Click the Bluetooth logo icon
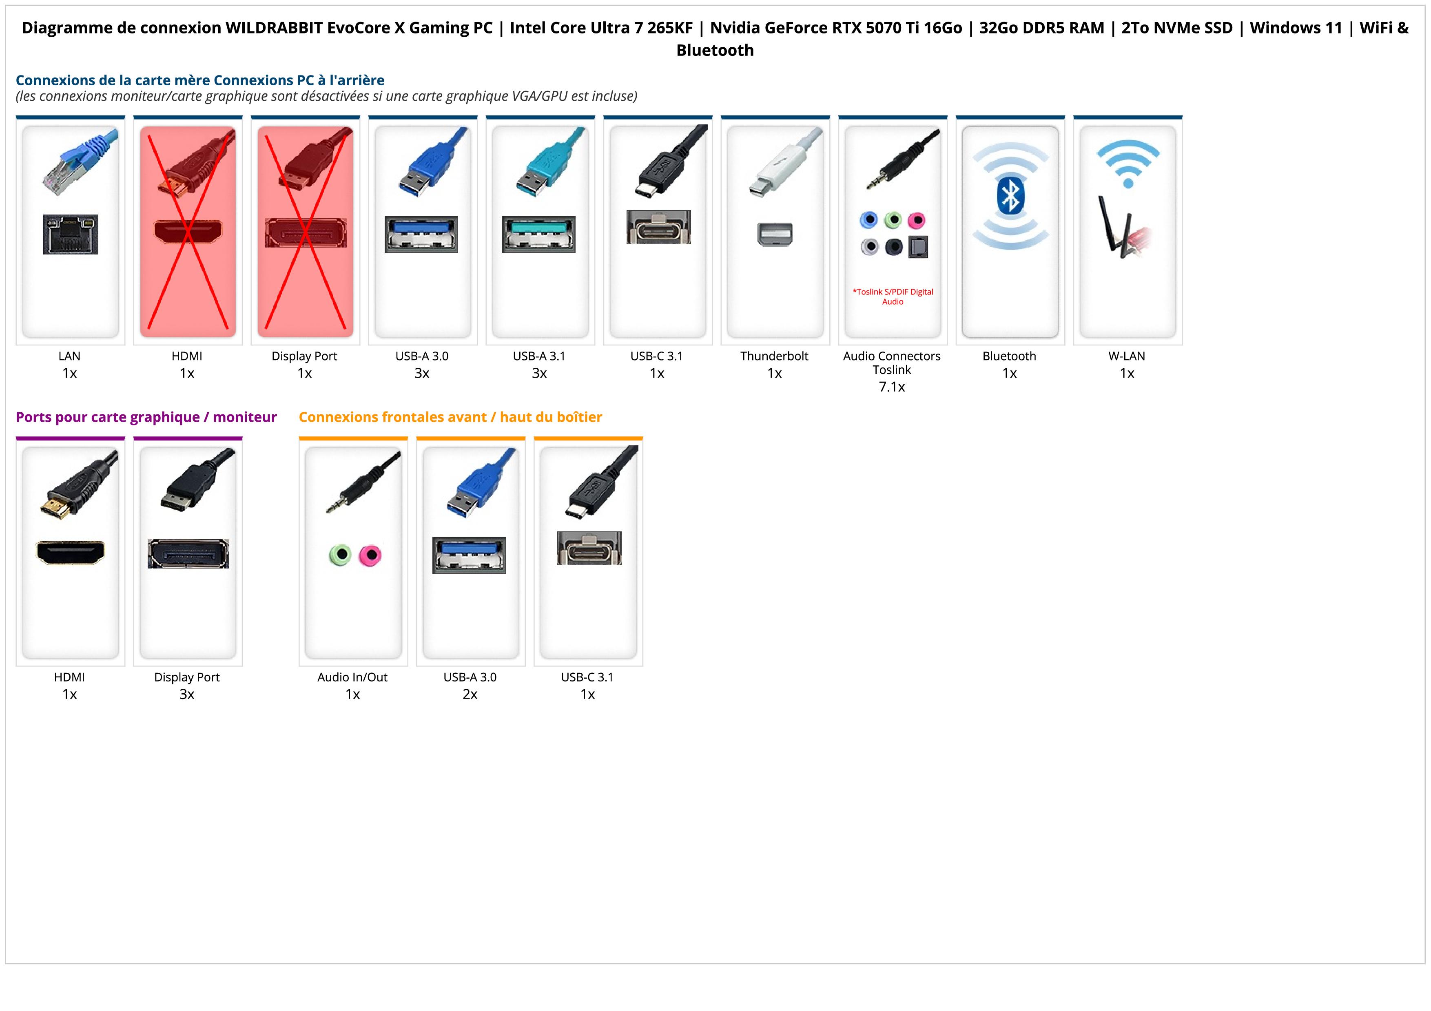tap(1010, 196)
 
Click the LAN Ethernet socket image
tap(71, 234)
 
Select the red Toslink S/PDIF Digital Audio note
tap(893, 296)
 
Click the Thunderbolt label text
tap(774, 356)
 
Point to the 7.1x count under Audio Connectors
tap(892, 387)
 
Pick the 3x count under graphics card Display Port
tap(187, 694)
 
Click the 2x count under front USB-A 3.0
tap(470, 694)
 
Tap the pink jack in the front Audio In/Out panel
tap(370, 555)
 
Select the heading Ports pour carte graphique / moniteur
tap(146, 417)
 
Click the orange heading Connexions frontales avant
tap(450, 417)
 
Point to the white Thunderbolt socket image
tap(775, 234)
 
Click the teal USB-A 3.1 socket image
tap(539, 234)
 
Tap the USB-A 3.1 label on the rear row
tap(539, 356)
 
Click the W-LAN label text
tap(1127, 356)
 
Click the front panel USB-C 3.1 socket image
tap(589, 548)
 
